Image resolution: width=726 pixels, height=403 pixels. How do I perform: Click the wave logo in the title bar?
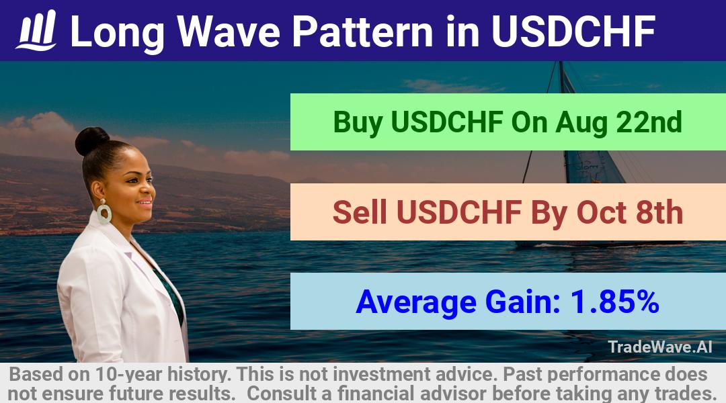[x=36, y=30]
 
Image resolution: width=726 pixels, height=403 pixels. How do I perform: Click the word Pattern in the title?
[x=363, y=32]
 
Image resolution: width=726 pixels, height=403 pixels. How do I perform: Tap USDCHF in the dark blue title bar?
[x=573, y=32]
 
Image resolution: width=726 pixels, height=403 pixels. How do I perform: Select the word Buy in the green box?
[x=358, y=123]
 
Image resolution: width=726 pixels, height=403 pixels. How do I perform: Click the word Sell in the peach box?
[x=360, y=212]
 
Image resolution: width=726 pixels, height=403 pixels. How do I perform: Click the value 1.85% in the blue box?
[x=614, y=302]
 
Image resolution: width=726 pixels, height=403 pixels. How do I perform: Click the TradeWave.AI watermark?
[x=660, y=347]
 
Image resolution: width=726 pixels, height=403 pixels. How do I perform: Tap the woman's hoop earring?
[x=104, y=212]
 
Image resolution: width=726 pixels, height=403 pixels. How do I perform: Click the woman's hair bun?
[x=91, y=140]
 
